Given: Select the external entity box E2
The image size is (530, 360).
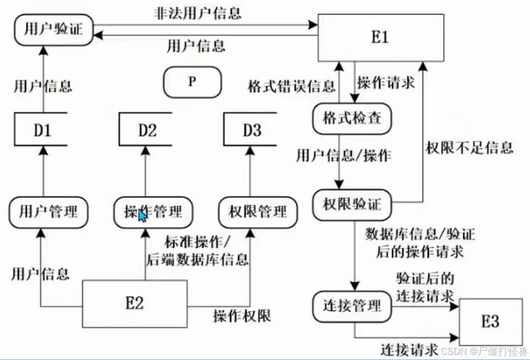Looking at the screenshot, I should coord(134,303).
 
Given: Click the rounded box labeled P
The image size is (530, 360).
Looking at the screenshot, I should coord(192,81).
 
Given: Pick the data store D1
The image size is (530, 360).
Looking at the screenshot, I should coord(42,130).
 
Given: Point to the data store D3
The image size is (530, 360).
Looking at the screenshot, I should coord(251,130).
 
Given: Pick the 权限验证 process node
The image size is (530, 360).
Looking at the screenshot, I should coord(352,203).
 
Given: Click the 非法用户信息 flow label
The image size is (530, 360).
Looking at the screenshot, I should coord(197,14).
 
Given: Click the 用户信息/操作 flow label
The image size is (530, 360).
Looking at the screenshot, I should coord(345,156).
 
